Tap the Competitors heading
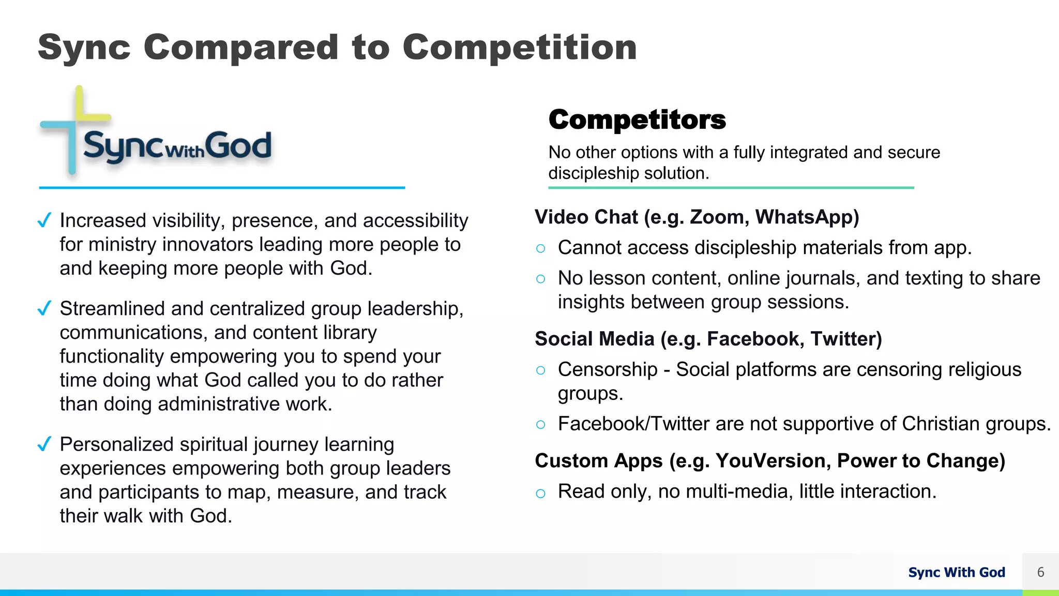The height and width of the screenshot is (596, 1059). pyautogui.click(x=637, y=120)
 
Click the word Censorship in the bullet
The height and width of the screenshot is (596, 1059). pyautogui.click(x=608, y=370)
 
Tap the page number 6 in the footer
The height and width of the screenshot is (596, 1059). pyautogui.click(x=1040, y=572)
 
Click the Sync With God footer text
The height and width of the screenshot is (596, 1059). pyautogui.click(x=957, y=572)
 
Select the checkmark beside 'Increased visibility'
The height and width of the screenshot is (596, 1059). pyautogui.click(x=44, y=221)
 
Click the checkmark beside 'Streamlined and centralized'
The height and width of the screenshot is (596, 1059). pyautogui.click(x=44, y=309)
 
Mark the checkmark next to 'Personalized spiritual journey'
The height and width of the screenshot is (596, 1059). pyautogui.click(x=44, y=444)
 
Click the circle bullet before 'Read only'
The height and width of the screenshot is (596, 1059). pyautogui.click(x=541, y=494)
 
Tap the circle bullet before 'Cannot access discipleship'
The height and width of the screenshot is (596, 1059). pyautogui.click(x=541, y=249)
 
